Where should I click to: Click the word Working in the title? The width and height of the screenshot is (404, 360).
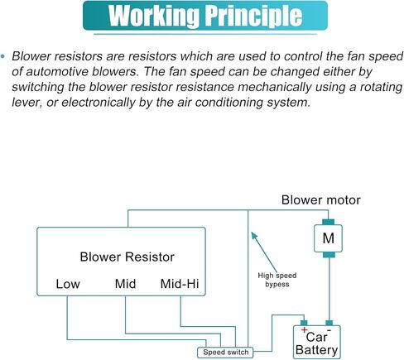click(153, 16)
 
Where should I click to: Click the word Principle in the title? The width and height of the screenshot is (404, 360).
click(254, 16)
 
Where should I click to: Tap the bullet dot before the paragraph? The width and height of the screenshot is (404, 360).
click(3, 56)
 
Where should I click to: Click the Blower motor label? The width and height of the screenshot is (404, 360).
click(321, 200)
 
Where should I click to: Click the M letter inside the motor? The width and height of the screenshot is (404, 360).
click(329, 238)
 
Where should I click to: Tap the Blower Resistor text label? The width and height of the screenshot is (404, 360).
click(127, 257)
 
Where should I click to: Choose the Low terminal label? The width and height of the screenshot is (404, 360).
click(68, 284)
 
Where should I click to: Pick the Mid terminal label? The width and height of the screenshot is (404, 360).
click(125, 284)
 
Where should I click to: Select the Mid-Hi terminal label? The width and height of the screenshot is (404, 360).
click(180, 284)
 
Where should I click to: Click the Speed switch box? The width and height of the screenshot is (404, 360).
click(225, 353)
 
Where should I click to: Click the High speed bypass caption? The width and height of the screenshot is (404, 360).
click(277, 280)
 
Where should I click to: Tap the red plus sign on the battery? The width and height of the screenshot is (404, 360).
click(304, 329)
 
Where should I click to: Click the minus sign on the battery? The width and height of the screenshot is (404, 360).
click(329, 330)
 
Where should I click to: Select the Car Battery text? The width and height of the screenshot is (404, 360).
click(317, 343)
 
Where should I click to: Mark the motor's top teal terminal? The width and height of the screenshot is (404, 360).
click(329, 222)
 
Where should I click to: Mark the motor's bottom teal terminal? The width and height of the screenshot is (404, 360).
click(329, 255)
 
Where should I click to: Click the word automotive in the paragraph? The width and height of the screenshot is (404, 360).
click(57, 72)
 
